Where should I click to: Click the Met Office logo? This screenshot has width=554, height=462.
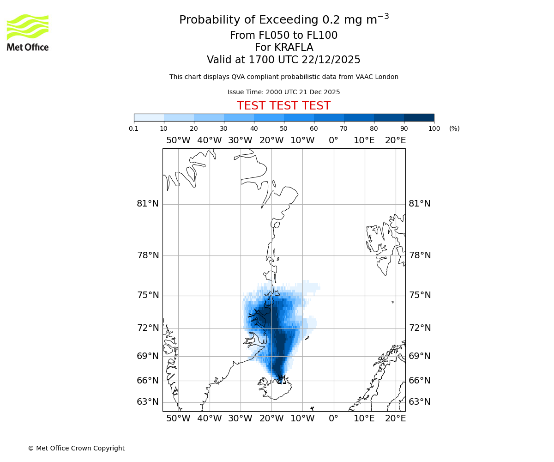(x=28, y=32)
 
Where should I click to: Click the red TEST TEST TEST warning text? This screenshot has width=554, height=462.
(x=283, y=106)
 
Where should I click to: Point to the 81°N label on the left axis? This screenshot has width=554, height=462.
(x=148, y=204)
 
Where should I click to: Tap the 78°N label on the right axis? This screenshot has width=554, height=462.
(x=420, y=255)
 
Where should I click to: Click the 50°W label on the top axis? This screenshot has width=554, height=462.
(x=178, y=140)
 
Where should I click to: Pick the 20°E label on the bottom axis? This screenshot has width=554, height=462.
(x=396, y=419)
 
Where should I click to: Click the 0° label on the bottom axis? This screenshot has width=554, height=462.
(x=333, y=419)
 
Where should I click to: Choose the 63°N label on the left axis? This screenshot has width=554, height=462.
(x=148, y=402)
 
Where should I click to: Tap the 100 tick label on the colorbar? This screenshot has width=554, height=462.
(x=434, y=128)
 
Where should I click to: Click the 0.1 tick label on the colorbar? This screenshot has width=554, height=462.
(x=134, y=128)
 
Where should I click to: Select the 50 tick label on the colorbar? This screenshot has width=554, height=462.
(x=284, y=128)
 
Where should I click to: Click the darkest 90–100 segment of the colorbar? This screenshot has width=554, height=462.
(x=419, y=117)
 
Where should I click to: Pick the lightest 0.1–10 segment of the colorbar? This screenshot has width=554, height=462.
(x=149, y=117)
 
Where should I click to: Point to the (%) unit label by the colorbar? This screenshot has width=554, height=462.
(x=454, y=128)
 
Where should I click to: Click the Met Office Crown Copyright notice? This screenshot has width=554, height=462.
(x=76, y=448)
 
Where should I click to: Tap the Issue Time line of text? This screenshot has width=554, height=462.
(x=283, y=92)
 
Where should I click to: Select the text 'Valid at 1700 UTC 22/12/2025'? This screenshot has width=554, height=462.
(x=283, y=60)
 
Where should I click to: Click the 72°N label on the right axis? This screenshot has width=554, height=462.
(x=420, y=328)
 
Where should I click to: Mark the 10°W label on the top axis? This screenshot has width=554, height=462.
(x=302, y=140)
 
